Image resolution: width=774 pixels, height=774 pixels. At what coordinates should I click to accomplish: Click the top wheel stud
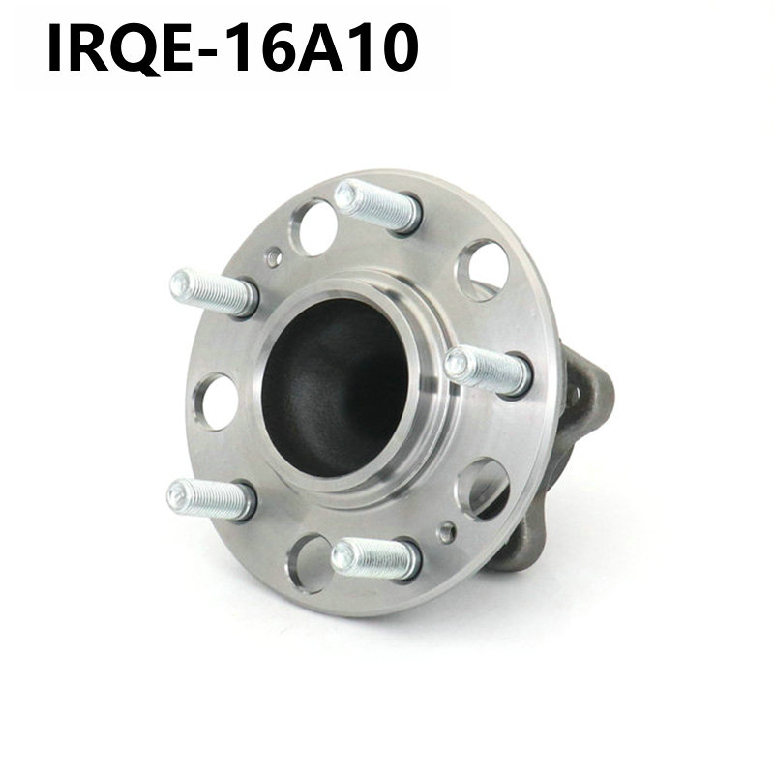pos(377,206)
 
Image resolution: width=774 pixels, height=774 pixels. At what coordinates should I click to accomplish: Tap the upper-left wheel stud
pos(214,293)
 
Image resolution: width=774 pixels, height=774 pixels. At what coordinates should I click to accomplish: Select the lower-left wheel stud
pos(211,499)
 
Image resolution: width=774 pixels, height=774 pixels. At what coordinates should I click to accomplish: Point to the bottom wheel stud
pos(376,559)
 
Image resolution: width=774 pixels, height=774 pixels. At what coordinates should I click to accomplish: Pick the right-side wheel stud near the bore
pos(489,372)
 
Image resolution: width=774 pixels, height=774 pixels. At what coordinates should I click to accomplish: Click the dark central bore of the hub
pos(335,389)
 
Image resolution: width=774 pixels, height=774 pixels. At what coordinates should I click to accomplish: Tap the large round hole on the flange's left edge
pos(216,402)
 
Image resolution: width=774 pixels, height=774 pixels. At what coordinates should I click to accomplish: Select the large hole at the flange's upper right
pos(483,270)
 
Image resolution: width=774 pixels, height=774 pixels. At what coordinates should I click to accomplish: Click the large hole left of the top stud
pos(313,227)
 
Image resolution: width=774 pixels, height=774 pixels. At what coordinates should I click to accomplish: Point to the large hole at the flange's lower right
pos(483,490)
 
